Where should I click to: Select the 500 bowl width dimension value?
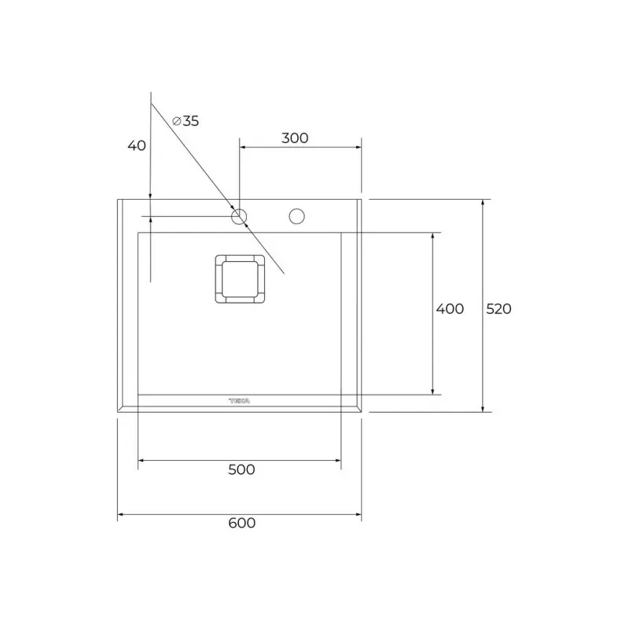241,469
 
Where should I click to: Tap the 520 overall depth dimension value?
498,309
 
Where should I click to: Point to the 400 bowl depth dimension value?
450,309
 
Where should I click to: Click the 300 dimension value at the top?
294,138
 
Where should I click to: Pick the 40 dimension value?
137,145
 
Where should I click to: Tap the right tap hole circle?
297,215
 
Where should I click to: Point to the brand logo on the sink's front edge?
239,401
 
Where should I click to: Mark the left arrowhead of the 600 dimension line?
120,516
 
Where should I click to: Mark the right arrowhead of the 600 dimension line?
359,516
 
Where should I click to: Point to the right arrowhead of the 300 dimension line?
358,147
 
